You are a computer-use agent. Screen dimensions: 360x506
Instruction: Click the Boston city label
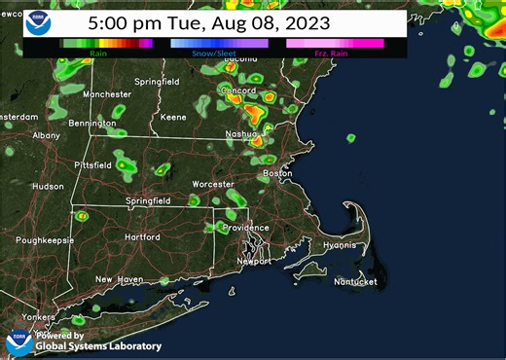(x=278, y=173)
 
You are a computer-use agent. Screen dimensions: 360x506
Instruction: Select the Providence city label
(x=245, y=228)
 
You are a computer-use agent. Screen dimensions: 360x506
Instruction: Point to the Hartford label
(x=142, y=237)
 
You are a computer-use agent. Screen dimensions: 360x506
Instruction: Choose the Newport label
(x=256, y=262)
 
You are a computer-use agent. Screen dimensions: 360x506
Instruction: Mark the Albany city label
(x=45, y=135)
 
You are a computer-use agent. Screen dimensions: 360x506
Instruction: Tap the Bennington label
(x=91, y=124)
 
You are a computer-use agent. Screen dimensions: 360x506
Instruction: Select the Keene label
(x=173, y=117)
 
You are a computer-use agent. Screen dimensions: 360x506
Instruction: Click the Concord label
(x=237, y=90)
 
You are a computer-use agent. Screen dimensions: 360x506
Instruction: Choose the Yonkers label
(x=38, y=317)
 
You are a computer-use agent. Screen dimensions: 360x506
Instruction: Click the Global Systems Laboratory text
(x=98, y=345)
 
